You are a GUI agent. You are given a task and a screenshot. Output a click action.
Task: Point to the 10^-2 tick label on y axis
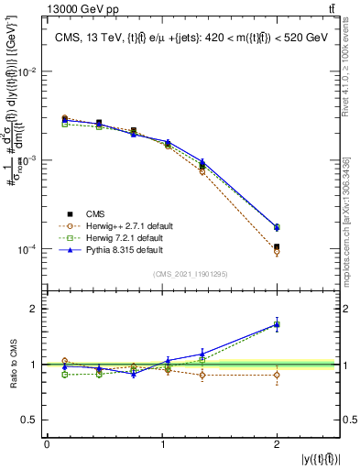[27, 71]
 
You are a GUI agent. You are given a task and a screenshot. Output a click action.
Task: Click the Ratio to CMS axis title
[11, 365]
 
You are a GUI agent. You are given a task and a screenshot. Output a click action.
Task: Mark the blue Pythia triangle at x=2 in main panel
[277, 227]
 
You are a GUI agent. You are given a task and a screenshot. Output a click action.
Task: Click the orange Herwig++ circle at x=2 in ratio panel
[277, 375]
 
